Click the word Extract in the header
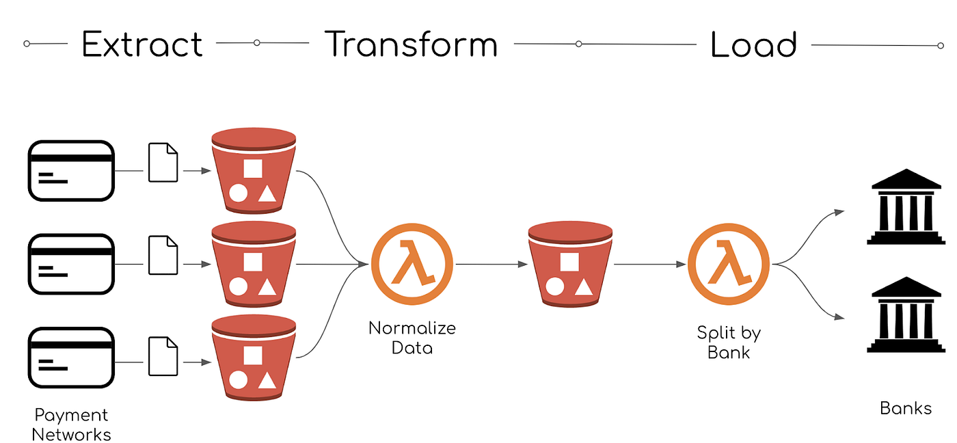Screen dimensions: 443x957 coord(142,44)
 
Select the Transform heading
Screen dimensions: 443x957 coord(411,44)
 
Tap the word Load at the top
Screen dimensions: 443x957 coord(754,44)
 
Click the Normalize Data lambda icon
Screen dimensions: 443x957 coord(412,264)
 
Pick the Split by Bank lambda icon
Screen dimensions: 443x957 coord(728,264)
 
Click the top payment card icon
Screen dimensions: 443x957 coord(70,170)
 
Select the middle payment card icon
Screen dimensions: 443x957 coord(70,264)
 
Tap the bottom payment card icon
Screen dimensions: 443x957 coord(70,358)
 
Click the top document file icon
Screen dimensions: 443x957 coord(163,163)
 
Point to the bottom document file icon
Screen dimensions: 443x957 coord(163,356)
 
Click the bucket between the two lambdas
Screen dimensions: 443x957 coord(569,265)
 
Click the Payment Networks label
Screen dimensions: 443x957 coord(71,425)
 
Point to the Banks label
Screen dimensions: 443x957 coord(906,409)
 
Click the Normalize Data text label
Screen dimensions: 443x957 coord(412,338)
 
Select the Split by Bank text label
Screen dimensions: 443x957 coord(728,343)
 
